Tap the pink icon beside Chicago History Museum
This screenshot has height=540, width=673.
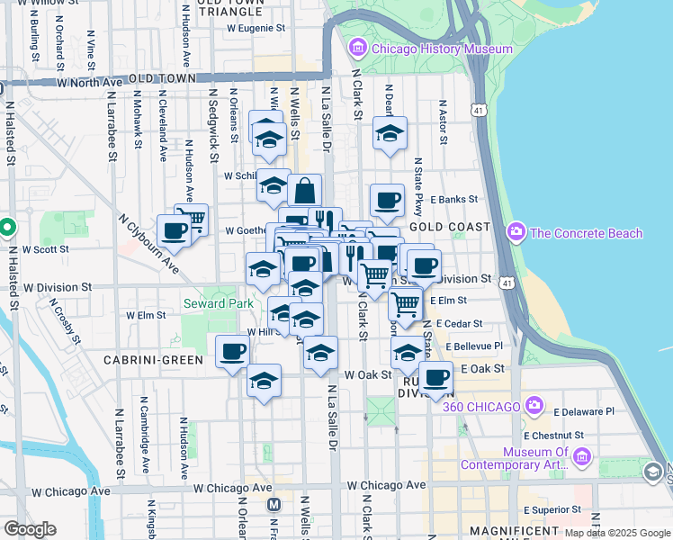[x=358, y=47]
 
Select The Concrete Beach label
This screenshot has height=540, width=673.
[x=587, y=233]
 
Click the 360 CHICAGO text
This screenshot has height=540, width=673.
[x=482, y=406]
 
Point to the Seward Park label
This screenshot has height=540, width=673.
[x=218, y=303]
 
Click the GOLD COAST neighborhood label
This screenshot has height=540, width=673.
[x=449, y=227]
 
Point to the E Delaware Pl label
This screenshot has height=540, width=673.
[x=583, y=411]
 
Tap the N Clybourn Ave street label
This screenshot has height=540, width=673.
[x=149, y=246]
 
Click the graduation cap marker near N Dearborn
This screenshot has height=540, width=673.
[x=389, y=133]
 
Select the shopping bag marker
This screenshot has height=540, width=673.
[x=304, y=191]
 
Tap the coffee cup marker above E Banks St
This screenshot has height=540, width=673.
[x=387, y=200]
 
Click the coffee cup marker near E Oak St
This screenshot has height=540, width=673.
[x=436, y=378]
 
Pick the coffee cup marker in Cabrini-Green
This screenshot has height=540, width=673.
[x=232, y=351]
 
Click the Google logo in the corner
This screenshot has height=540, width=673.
[x=29, y=530]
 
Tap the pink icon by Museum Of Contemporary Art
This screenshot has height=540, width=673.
[x=580, y=459]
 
